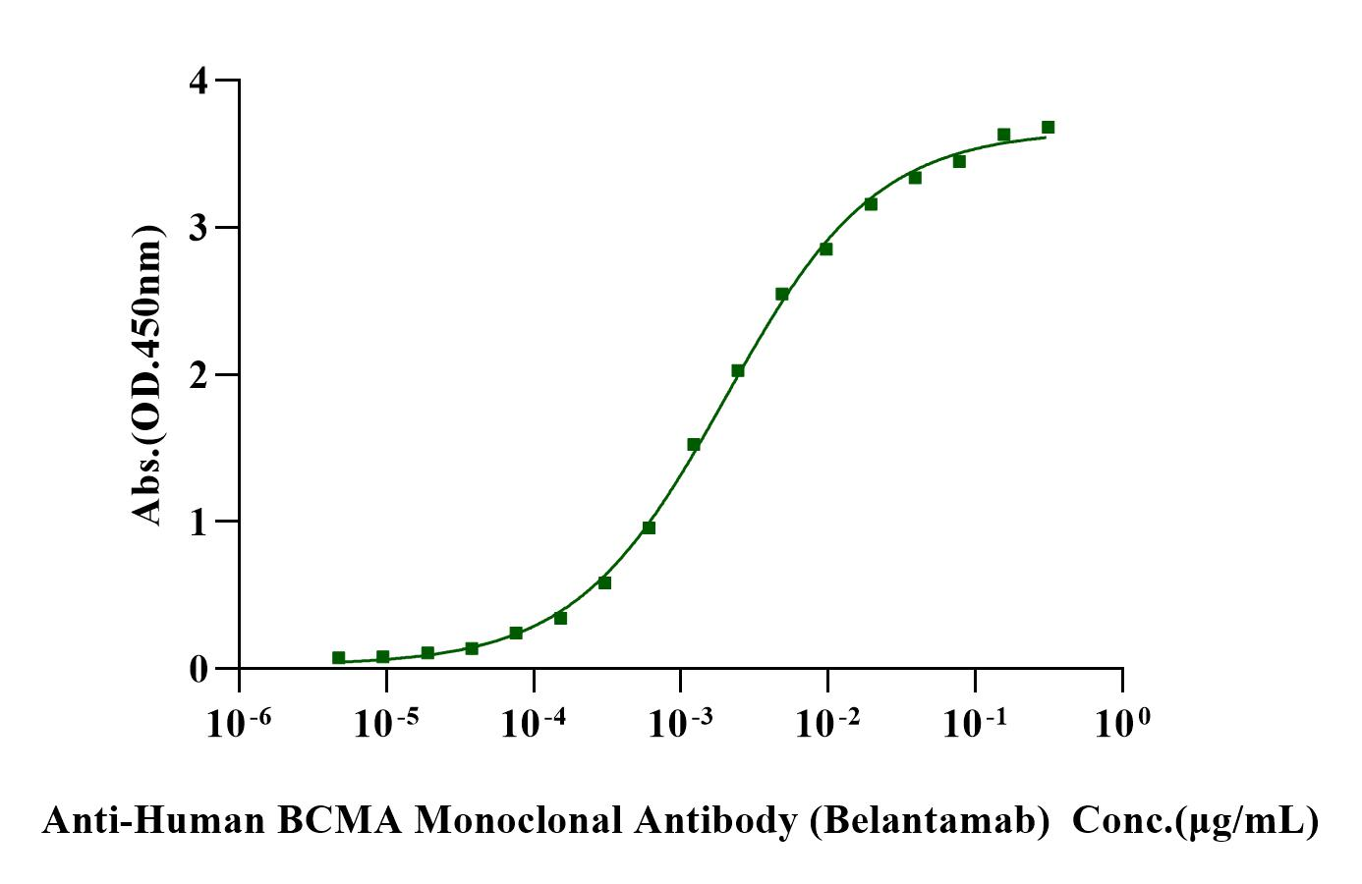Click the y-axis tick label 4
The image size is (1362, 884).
[199, 81]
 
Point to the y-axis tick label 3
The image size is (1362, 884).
[199, 228]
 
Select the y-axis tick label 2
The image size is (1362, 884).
[199, 374]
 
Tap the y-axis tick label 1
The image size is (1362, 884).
[199, 522]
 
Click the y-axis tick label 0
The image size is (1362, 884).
[199, 669]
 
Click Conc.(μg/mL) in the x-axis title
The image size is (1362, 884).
[1195, 820]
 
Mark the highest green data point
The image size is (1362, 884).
[1048, 127]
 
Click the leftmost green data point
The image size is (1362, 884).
[338, 657]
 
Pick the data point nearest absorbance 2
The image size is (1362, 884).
[737, 370]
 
